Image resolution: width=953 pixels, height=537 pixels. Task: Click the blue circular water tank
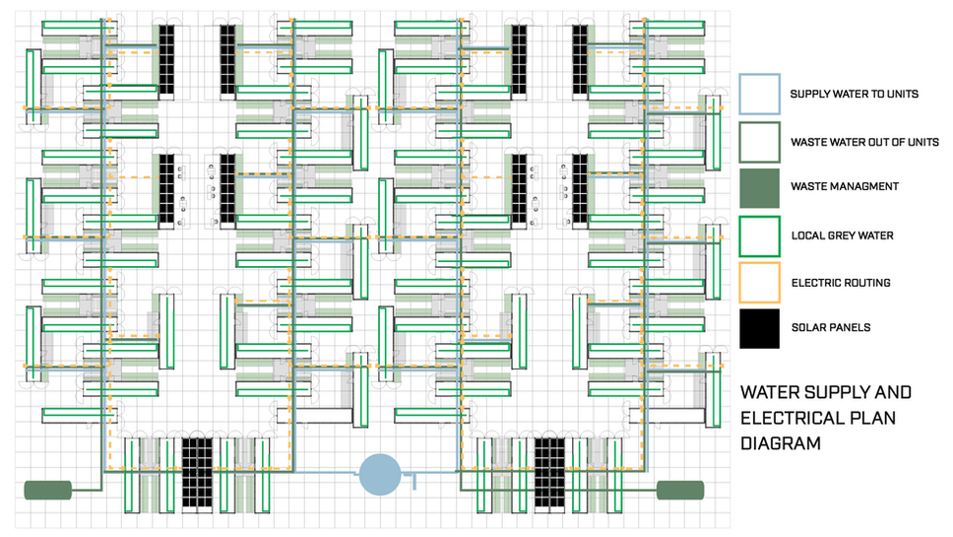tap(379, 474)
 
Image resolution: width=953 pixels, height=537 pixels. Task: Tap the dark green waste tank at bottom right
tap(680, 490)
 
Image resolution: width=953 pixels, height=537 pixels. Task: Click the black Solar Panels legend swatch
tap(759, 328)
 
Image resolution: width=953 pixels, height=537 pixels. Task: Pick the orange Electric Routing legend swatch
tap(759, 282)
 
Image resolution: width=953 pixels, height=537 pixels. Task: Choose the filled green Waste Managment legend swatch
tap(759, 187)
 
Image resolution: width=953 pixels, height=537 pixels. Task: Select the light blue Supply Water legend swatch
tap(759, 94)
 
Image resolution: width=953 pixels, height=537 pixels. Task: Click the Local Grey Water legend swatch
tap(759, 235)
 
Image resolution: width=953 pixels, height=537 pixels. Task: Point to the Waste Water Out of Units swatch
tap(759, 141)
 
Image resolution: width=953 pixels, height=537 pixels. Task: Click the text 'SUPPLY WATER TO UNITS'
tap(855, 95)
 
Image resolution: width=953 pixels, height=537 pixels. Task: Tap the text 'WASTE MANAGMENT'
tap(844, 187)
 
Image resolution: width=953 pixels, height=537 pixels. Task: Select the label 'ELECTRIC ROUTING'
tap(840, 283)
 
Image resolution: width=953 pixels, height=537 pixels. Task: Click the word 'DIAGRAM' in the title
tap(781, 443)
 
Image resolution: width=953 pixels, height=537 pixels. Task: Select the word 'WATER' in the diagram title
tap(771, 392)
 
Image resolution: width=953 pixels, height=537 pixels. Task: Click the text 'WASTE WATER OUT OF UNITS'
tap(864, 142)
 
